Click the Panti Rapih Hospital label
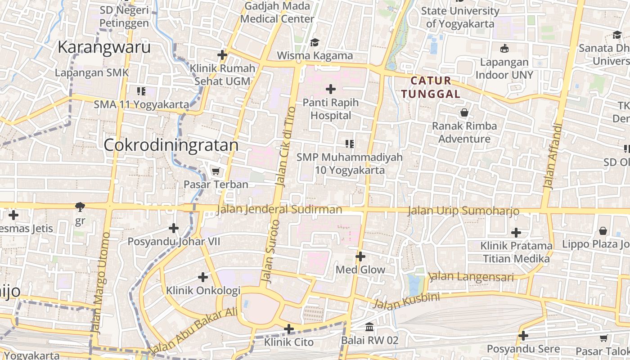[x=331, y=109]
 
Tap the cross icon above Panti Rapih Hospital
[x=331, y=89]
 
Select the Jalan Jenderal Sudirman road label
[x=279, y=210]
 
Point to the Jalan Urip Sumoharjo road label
[x=463, y=211]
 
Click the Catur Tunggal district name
[x=431, y=87]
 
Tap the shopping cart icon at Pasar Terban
[x=216, y=171]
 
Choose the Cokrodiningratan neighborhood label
[x=171, y=145]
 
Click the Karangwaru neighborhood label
[x=104, y=47]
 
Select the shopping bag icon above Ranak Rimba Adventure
[x=464, y=112]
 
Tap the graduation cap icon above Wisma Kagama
[x=315, y=42]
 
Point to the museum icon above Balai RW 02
[x=369, y=327]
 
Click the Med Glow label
[x=361, y=270]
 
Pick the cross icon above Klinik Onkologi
[x=203, y=277]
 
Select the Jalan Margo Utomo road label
[x=100, y=283]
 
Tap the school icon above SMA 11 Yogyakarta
[x=141, y=91]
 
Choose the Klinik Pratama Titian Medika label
[x=516, y=252]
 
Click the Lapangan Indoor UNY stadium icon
[x=504, y=49]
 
